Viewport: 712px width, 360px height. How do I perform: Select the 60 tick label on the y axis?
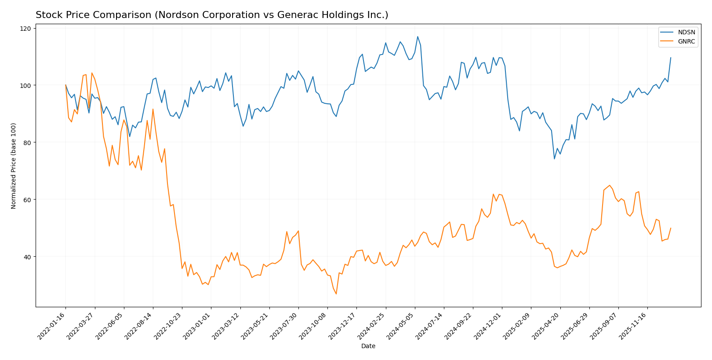27,200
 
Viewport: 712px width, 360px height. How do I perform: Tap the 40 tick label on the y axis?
27,257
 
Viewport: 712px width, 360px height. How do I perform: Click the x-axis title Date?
368,346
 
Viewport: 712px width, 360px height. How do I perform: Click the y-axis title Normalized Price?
14,166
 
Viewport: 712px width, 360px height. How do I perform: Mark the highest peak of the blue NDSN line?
418,36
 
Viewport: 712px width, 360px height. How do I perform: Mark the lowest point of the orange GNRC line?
336,294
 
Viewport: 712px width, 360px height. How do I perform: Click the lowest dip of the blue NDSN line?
554,159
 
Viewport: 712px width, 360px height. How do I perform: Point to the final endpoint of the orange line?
671,228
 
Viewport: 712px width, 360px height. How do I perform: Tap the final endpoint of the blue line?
671,58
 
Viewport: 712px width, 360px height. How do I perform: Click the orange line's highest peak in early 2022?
91,73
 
